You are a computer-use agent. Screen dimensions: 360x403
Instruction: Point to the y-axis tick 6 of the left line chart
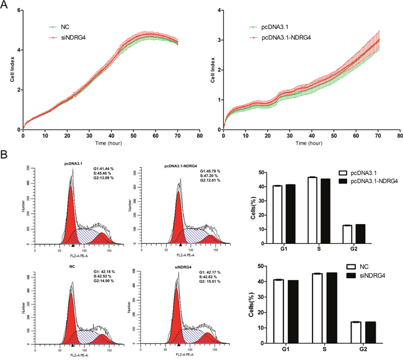coord(19,11)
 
